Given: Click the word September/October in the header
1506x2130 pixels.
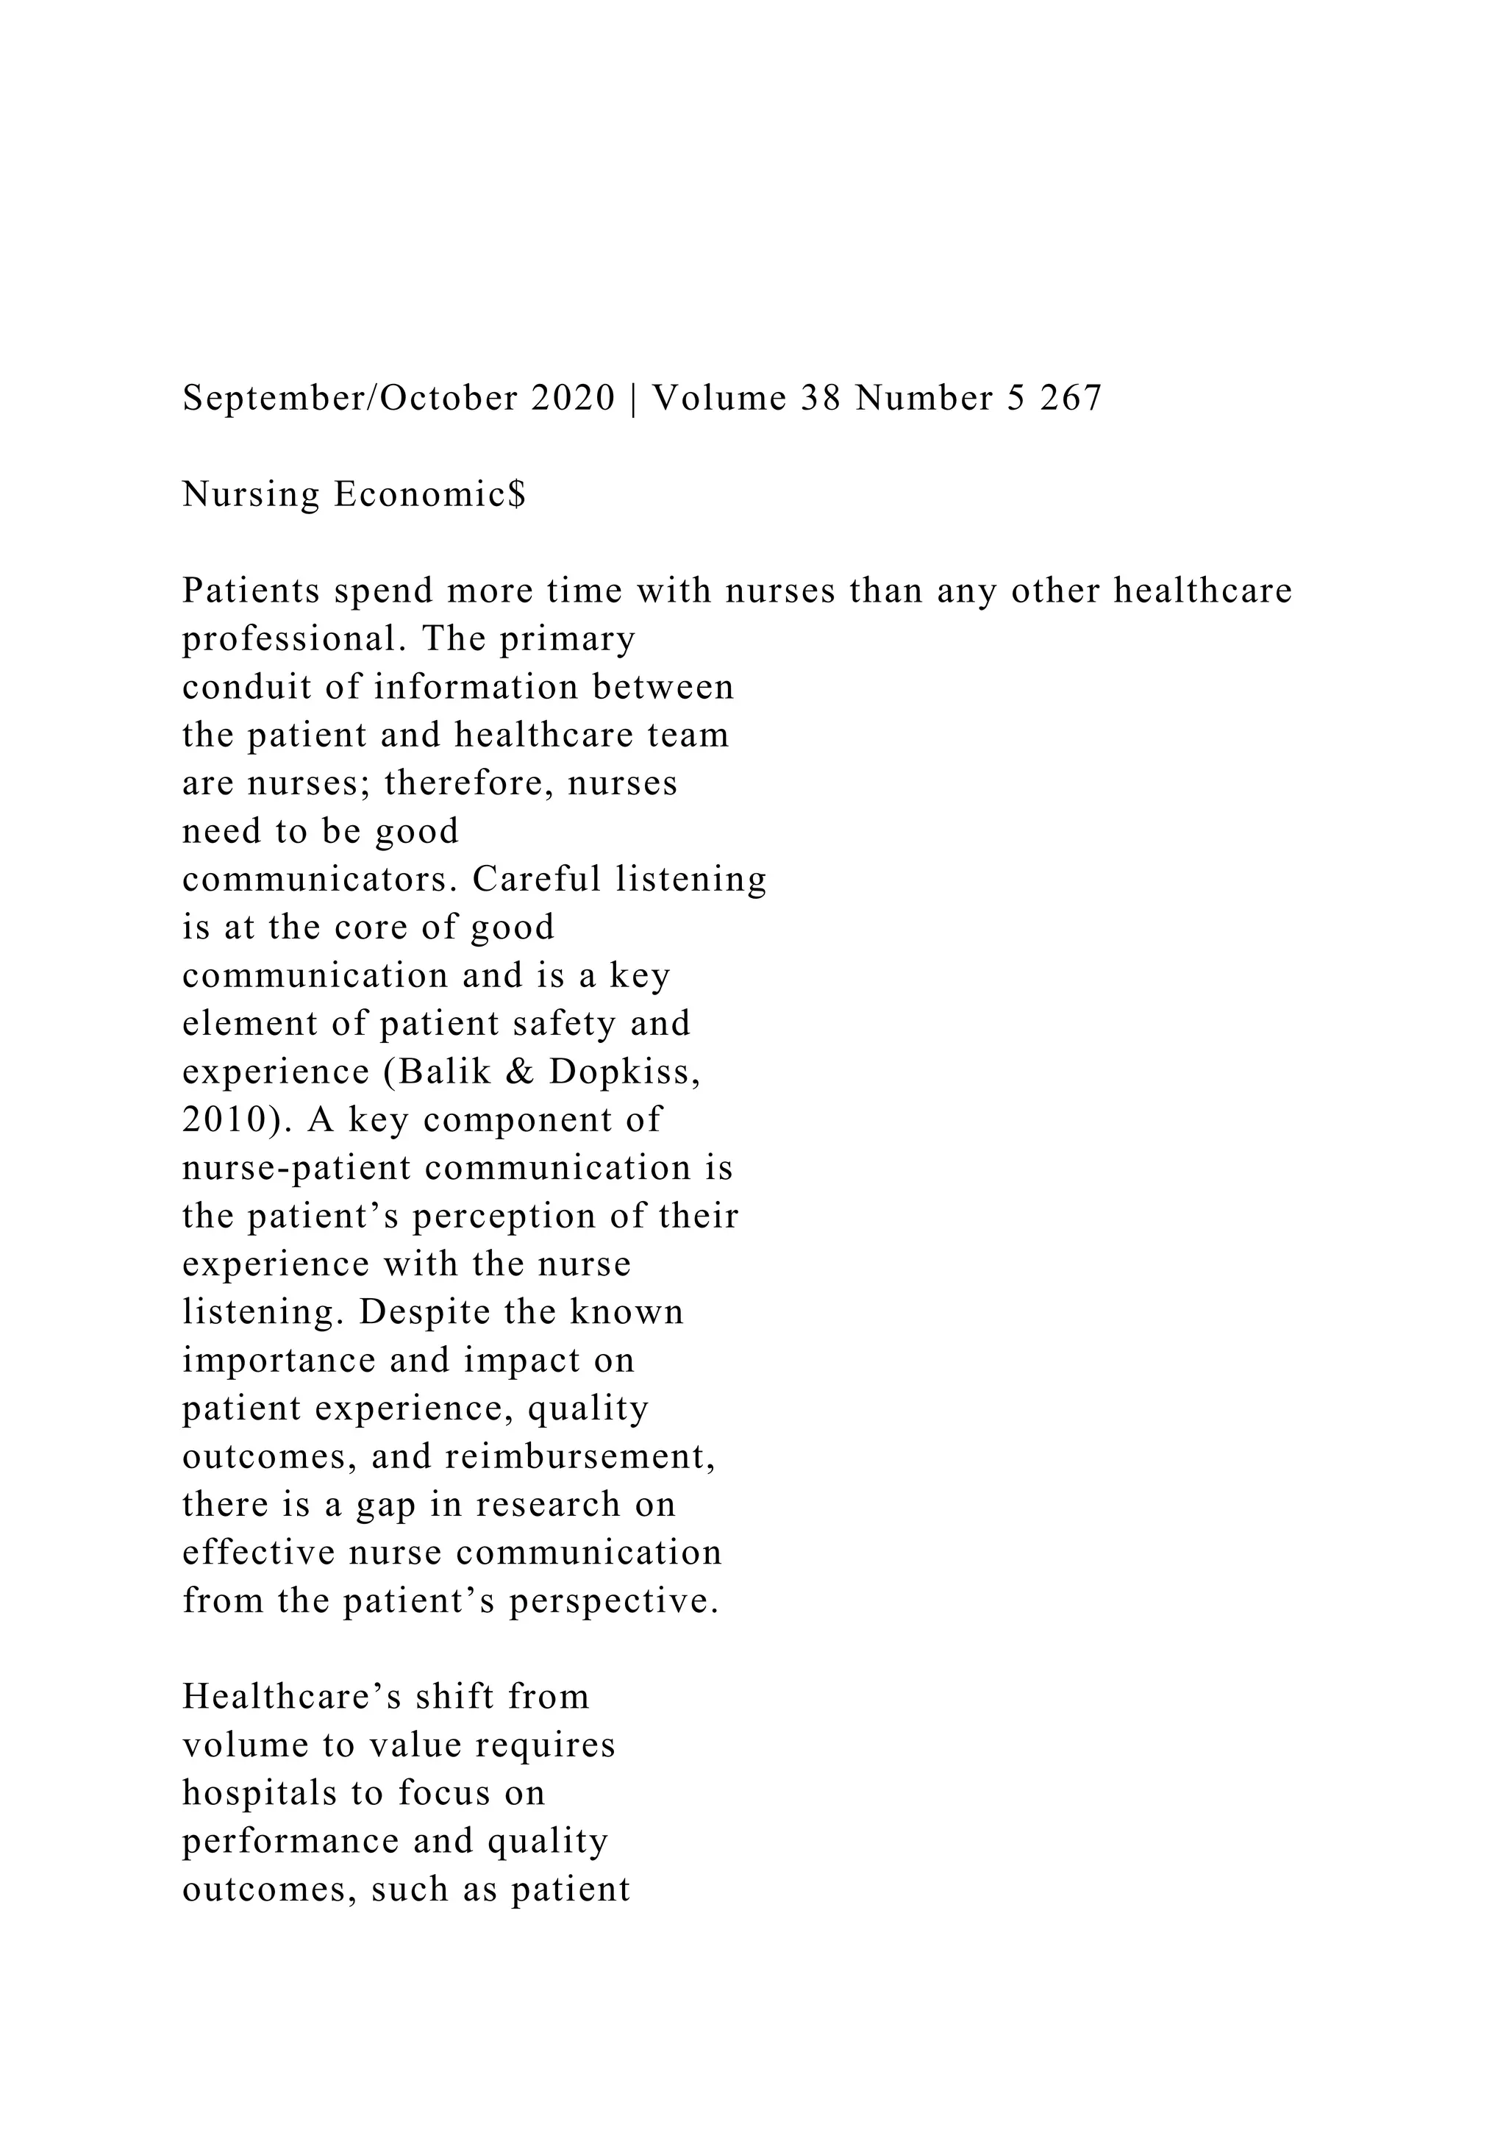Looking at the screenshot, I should click(x=351, y=399).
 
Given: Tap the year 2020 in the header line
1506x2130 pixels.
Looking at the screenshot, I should click(x=573, y=399).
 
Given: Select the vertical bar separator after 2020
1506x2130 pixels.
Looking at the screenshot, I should click(x=633, y=399).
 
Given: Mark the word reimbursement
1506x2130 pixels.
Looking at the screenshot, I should click(x=580, y=1456).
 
